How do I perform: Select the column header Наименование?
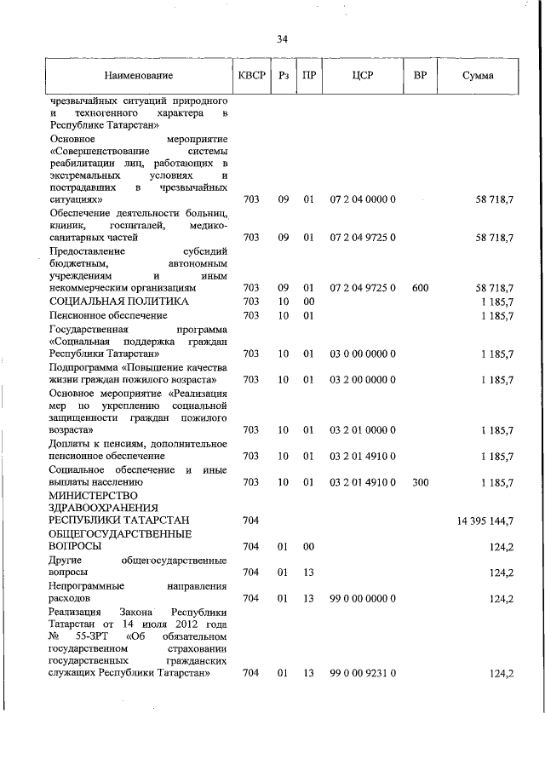pyautogui.click(x=139, y=76)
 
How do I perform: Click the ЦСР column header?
pyautogui.click(x=362, y=76)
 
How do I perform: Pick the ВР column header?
pyautogui.click(x=420, y=76)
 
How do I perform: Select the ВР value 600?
pyautogui.click(x=420, y=288)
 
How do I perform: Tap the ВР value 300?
pyautogui.click(x=420, y=482)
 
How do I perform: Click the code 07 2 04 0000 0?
pyautogui.click(x=363, y=199)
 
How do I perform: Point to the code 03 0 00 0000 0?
pyautogui.click(x=363, y=353)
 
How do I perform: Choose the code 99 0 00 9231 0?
pyautogui.click(x=363, y=673)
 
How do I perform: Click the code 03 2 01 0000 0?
pyautogui.click(x=363, y=431)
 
